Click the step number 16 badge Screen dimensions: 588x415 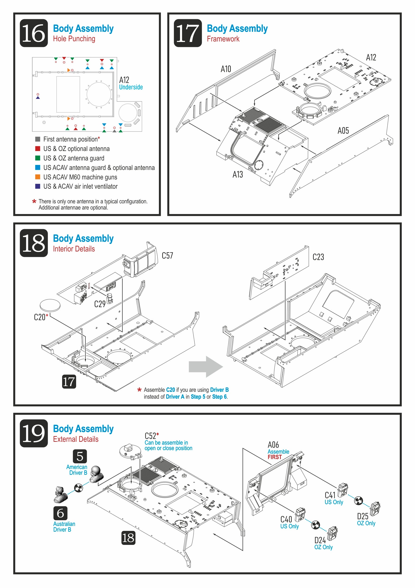[34, 33]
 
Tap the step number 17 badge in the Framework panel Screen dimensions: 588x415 [188, 33]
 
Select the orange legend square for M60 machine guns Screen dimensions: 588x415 [38, 177]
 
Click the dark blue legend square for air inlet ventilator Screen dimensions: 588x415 [38, 186]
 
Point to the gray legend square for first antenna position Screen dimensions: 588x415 [38, 139]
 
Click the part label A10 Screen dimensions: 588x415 [226, 69]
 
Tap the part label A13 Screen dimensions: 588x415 [237, 174]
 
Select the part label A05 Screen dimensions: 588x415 [343, 131]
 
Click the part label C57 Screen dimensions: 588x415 [167, 255]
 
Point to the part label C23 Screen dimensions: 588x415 [318, 257]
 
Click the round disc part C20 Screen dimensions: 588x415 [50, 305]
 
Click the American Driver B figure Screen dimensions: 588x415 [96, 474]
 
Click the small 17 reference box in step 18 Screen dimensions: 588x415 [69, 382]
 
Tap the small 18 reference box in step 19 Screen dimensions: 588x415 [128, 538]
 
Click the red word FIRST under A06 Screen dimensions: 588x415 [275, 457]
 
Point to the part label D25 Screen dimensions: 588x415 [363, 516]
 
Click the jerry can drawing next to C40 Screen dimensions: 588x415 [300, 515]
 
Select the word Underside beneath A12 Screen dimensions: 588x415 [131, 87]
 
